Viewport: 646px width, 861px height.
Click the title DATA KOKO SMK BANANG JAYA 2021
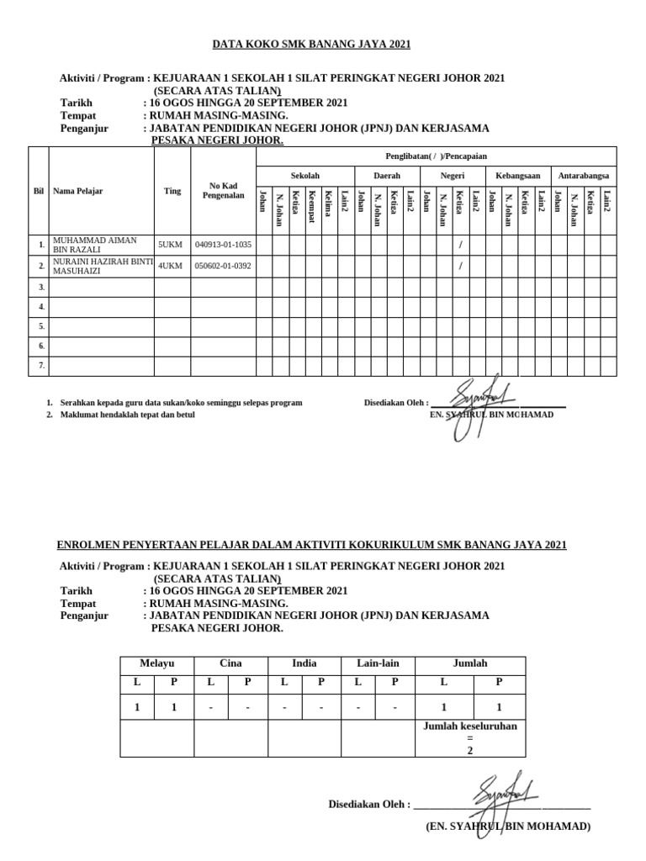click(x=311, y=45)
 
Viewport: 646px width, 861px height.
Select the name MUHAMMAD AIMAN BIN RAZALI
click(x=94, y=245)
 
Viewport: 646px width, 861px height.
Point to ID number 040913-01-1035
click(x=223, y=245)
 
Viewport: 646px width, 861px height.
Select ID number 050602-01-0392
click(x=223, y=266)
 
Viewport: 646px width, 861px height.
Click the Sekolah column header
click(x=304, y=176)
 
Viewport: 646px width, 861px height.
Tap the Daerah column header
click(x=386, y=176)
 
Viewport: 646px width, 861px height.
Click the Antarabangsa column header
click(x=584, y=176)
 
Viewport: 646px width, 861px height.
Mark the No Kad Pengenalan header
click(x=223, y=191)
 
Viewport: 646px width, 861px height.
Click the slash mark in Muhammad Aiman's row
click(x=460, y=245)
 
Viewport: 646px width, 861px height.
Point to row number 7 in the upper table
click(x=40, y=366)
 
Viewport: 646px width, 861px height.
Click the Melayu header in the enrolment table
click(x=156, y=663)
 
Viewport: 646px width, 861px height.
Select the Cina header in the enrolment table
click(x=230, y=663)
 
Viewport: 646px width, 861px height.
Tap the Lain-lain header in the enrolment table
click(x=378, y=663)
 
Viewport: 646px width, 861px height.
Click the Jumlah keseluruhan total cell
click(x=470, y=737)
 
